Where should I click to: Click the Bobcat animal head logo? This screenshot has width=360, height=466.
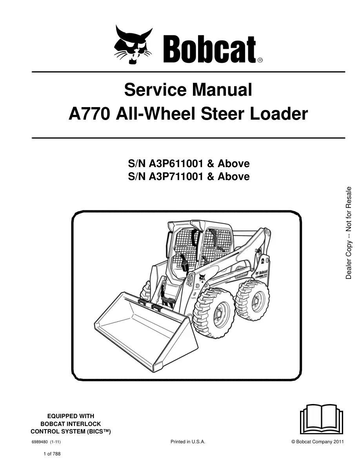pyautogui.click(x=133, y=45)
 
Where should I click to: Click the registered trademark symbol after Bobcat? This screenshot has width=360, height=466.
pyautogui.click(x=260, y=60)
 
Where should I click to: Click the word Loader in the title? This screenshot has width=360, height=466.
pyautogui.click(x=278, y=114)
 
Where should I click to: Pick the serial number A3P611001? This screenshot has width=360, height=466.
pyautogui.click(x=176, y=164)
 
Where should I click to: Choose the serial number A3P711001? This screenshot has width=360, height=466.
pyautogui.click(x=176, y=177)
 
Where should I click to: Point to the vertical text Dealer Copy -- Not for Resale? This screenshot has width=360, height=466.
pyautogui.click(x=348, y=233)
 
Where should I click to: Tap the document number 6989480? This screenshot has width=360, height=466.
pyautogui.click(x=40, y=442)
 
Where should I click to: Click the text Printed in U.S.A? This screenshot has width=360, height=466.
pyautogui.click(x=188, y=442)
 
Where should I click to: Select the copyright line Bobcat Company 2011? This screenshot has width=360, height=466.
pyautogui.click(x=318, y=442)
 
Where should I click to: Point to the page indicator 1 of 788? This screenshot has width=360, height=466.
pyautogui.click(x=52, y=454)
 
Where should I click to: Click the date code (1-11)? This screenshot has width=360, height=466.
pyautogui.click(x=55, y=442)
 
